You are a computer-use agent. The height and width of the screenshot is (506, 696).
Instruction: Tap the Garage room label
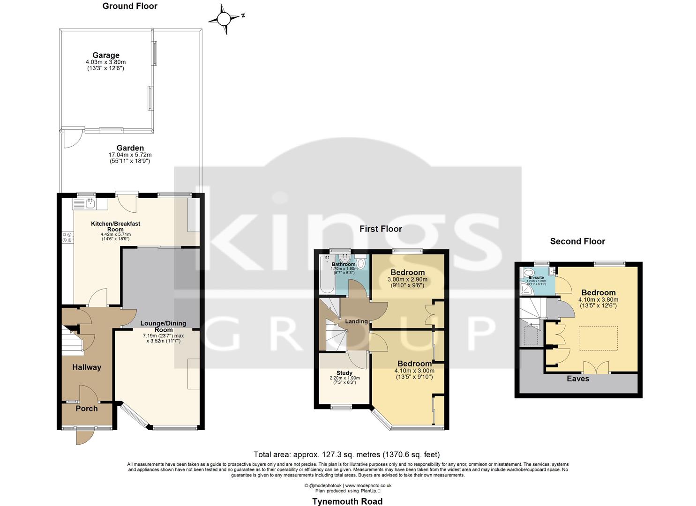(x=105, y=55)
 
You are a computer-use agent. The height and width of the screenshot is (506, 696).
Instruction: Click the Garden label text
(x=130, y=148)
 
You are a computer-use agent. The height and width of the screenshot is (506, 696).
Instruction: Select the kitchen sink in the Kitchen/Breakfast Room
(x=90, y=204)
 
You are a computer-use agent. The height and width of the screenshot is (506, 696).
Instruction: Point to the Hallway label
(x=86, y=367)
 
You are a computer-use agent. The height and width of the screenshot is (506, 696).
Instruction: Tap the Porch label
(x=87, y=409)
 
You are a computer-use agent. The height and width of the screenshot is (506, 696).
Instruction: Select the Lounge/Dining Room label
(x=164, y=326)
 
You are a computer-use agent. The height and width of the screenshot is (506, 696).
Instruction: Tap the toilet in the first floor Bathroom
(x=361, y=264)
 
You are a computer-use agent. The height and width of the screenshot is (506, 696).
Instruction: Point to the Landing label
(x=356, y=321)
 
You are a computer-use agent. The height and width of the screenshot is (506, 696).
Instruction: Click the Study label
(x=344, y=373)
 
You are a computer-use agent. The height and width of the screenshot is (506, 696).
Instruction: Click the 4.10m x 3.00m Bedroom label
(x=414, y=364)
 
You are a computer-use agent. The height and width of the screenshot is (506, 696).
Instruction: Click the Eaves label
(x=577, y=379)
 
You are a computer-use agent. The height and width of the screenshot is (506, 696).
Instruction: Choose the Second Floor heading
(x=577, y=241)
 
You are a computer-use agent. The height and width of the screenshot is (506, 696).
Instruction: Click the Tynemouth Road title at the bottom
(x=347, y=501)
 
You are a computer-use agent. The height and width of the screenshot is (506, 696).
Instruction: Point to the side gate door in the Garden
(x=71, y=139)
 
